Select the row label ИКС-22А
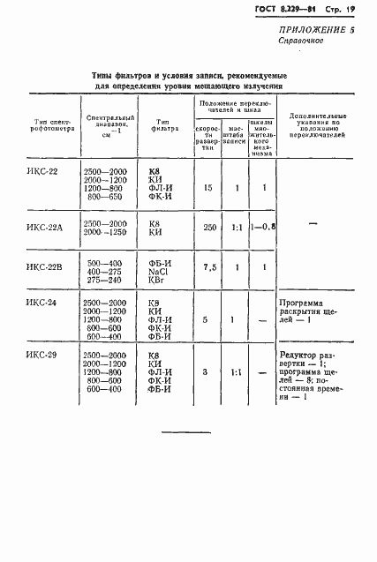(45, 226)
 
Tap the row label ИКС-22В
(45, 266)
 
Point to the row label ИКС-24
(41, 303)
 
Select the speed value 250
(208, 228)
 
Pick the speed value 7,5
(209, 267)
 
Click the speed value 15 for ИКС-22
(208, 188)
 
